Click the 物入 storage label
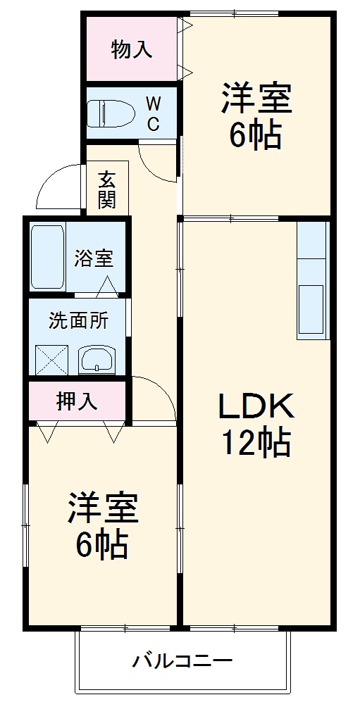(x=131, y=50)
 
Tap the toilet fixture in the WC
(x=112, y=113)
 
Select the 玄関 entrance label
(x=106, y=189)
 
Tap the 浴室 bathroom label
(x=94, y=258)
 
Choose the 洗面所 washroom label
(x=78, y=320)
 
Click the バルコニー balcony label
(x=182, y=661)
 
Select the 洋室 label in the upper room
(x=256, y=99)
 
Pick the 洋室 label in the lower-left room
(x=103, y=508)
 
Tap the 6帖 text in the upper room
(x=256, y=135)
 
